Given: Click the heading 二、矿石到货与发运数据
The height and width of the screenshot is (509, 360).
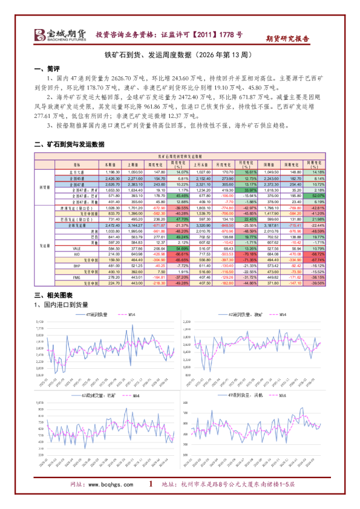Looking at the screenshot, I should coord(70,144).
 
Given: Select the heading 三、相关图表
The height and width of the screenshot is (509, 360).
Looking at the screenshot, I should coord(54,295).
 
